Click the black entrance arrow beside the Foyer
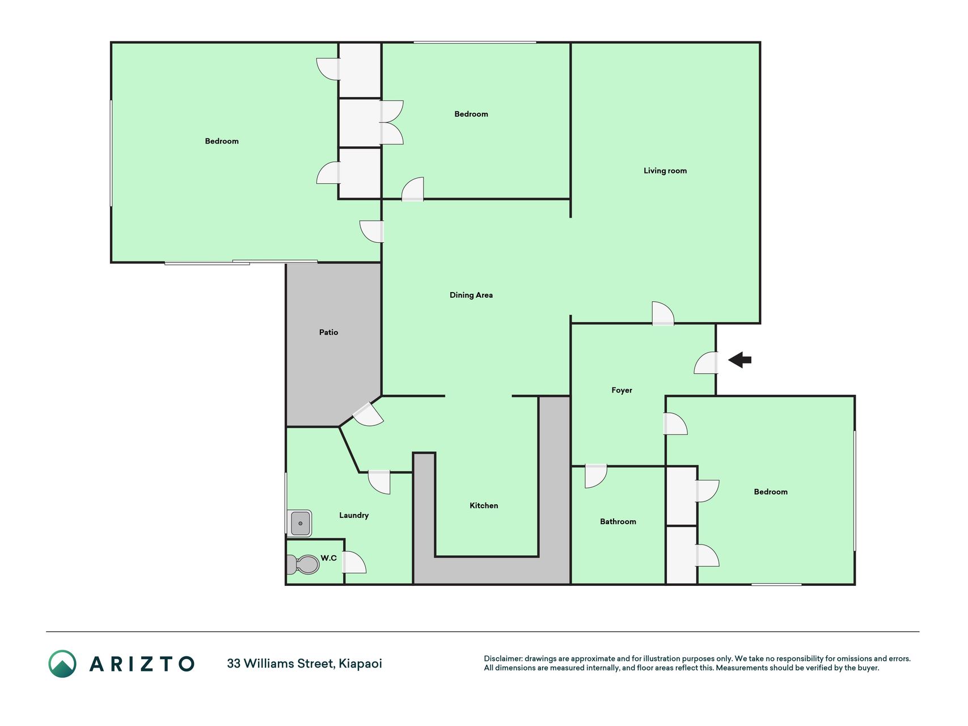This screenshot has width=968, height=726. pos(739,360)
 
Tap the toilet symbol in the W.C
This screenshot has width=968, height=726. pos(303,564)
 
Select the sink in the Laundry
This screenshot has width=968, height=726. pos(299,523)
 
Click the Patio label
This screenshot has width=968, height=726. pos(328,332)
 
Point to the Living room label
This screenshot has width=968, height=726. pos(665,171)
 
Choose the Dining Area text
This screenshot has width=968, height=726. pos(471,295)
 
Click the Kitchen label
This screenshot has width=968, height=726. pos(484,505)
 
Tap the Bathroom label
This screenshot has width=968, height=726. pos(618,521)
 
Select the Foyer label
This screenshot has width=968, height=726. pos(622,390)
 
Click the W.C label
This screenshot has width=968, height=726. pos(328,558)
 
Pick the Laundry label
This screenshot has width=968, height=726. pos(354,515)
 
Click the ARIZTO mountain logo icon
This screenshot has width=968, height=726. pos(62,664)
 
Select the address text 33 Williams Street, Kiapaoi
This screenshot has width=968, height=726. pos(305,664)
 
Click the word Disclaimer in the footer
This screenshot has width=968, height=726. pos(503,659)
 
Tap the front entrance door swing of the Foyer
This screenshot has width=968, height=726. pos(706,363)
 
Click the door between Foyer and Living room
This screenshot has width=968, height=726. pos(663,314)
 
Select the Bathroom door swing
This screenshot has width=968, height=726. pos(595,476)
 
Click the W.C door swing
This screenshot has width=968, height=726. pos(354,562)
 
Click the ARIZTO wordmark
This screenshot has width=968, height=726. pos(142,664)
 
